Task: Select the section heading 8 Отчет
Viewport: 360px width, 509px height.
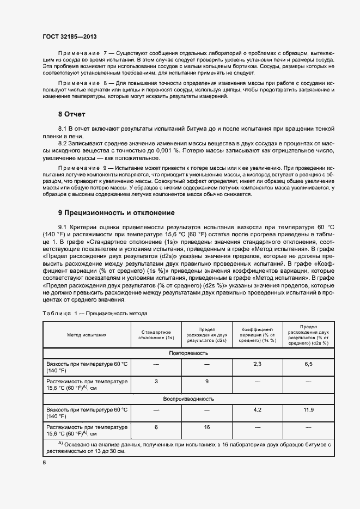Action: coord(72,114)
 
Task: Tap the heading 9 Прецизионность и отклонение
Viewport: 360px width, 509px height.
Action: coord(116,212)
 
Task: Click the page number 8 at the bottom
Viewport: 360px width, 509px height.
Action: coord(44,463)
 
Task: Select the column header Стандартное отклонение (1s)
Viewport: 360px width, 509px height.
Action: coord(156,335)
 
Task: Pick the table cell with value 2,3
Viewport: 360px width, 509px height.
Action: coord(258,363)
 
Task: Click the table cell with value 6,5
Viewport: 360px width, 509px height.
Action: coord(308,363)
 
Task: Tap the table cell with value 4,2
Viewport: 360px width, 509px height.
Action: coord(258,409)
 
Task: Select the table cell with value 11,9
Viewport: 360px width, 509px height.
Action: coord(308,409)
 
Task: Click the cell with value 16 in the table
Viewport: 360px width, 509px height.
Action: coord(207,427)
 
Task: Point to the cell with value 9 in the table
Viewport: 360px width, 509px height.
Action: coord(207,382)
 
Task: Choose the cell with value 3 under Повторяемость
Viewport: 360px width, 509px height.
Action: coord(156,382)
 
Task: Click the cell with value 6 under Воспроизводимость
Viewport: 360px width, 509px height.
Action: coord(156,427)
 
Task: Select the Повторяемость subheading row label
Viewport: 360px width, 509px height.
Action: coord(188,353)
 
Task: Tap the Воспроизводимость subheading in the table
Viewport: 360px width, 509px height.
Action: coord(188,398)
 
